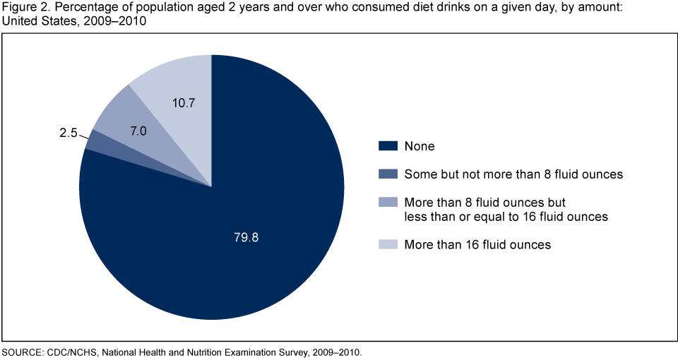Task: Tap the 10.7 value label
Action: point(183,103)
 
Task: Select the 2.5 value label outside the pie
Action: point(69,132)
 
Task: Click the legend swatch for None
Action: point(388,146)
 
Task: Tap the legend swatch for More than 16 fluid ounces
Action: point(388,244)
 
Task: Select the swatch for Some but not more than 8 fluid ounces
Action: point(388,174)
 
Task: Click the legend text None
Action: point(420,146)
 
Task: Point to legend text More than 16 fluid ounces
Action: point(477,244)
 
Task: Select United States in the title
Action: point(39,21)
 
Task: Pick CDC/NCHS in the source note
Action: point(71,352)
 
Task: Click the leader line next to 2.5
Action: point(85,134)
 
